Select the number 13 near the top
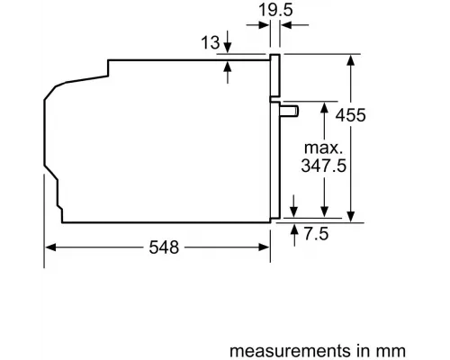pyautogui.click(x=209, y=41)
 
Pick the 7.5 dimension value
pyautogui.click(x=317, y=233)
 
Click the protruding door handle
pyautogui.click(x=290, y=111)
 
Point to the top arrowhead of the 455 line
pyautogui.click(x=350, y=60)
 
